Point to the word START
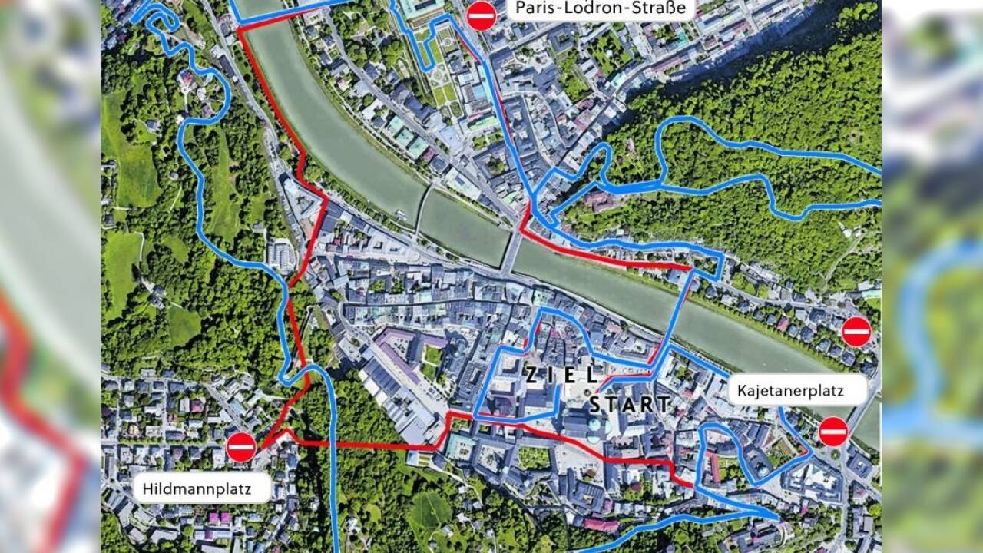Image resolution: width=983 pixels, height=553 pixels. (x=631, y=403)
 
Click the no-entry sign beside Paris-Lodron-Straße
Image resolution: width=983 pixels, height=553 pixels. (x=482, y=14)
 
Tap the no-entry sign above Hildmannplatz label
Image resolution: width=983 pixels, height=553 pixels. (x=241, y=447)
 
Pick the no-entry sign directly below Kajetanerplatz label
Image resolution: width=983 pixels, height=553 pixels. (x=833, y=432)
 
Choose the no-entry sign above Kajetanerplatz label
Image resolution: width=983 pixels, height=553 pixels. (x=856, y=332)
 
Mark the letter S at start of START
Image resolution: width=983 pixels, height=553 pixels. (x=596, y=404)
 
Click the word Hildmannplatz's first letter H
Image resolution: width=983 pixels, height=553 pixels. (x=146, y=487)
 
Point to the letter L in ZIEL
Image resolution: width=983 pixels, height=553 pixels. (x=591, y=376)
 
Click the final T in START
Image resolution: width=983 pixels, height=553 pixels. (x=664, y=403)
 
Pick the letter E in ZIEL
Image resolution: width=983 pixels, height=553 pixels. (x=572, y=376)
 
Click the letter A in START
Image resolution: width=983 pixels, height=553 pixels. (x=631, y=403)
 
